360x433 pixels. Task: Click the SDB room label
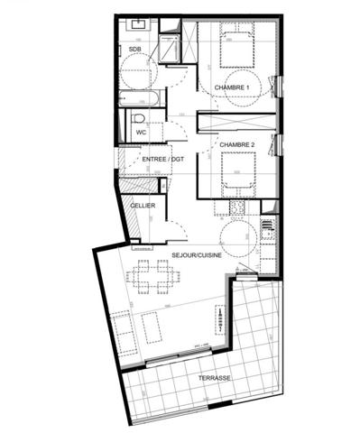[134, 49]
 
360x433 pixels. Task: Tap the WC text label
[141, 133]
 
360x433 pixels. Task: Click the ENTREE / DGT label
[162, 160]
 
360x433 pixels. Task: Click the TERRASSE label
[214, 379]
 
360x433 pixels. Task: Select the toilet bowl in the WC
[139, 118]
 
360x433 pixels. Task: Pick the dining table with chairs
[152, 277]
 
